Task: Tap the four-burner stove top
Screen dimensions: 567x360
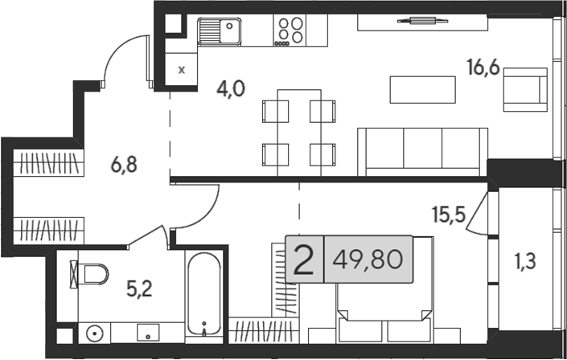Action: tap(290, 31)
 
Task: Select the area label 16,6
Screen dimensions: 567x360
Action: tap(483, 67)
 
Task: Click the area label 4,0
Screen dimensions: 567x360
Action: tap(231, 89)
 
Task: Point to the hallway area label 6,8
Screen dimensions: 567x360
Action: tap(124, 166)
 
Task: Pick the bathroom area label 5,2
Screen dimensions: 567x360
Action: tap(139, 288)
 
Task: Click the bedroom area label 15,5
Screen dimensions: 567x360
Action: tap(449, 215)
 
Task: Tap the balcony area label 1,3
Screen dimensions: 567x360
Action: tap(525, 261)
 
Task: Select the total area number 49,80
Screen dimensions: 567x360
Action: tap(368, 260)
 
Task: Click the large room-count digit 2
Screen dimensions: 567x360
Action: tap(303, 260)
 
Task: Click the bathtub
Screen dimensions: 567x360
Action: tap(204, 293)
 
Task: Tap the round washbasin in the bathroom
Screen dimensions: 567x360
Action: tap(95, 333)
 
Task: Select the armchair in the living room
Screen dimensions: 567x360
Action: tap(525, 90)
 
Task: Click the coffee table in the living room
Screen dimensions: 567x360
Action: tap(422, 90)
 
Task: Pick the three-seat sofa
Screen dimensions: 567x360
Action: tap(423, 152)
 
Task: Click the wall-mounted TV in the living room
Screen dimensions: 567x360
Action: tap(422, 21)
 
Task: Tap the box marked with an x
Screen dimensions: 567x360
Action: tap(182, 69)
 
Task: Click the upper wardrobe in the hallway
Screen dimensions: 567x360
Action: tap(49, 163)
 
